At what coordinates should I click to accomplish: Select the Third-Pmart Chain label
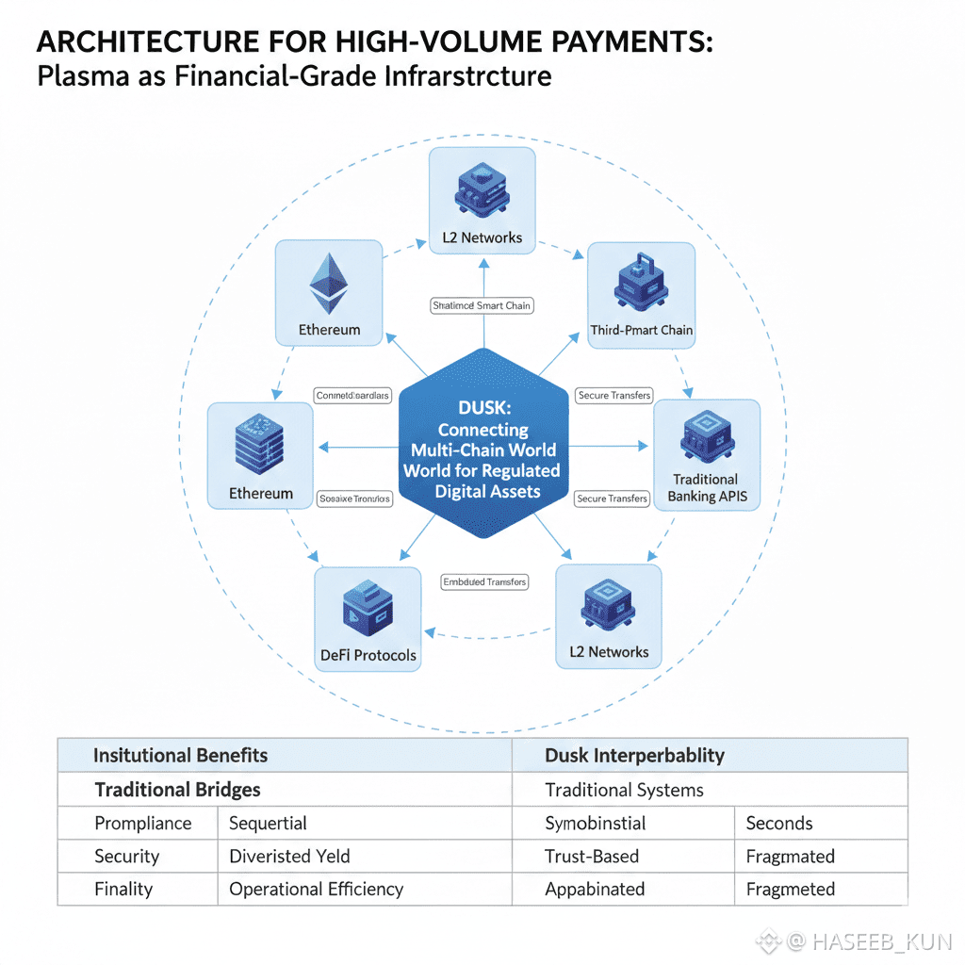(x=641, y=330)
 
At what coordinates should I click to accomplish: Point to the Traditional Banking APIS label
(x=706, y=487)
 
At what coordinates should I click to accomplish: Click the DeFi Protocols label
(x=368, y=655)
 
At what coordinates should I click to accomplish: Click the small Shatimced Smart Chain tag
(x=482, y=305)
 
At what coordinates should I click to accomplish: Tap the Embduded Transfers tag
(x=484, y=582)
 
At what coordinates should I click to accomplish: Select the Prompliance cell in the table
(x=142, y=823)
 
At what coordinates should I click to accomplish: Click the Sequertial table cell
(x=268, y=823)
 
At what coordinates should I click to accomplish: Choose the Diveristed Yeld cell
(x=289, y=856)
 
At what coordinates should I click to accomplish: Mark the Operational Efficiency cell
(x=316, y=889)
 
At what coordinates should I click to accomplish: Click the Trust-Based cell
(x=592, y=856)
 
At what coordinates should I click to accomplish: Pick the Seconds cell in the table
(x=778, y=823)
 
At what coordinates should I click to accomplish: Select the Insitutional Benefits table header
(x=180, y=755)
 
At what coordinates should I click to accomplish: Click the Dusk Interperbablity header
(x=634, y=755)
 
